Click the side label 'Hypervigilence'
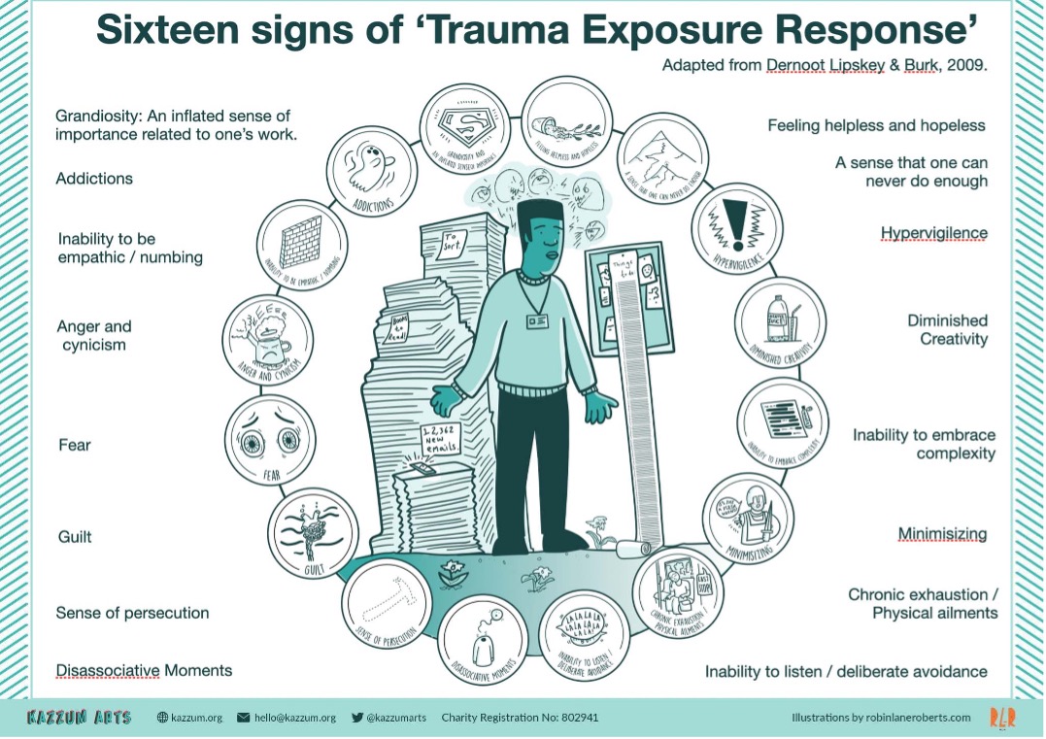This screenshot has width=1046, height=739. (x=934, y=233)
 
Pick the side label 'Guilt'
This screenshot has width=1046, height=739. (x=74, y=537)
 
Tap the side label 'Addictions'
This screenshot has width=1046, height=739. (x=94, y=179)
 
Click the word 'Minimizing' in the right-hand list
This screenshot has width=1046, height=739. (x=942, y=534)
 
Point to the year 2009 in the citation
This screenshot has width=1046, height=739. (x=972, y=65)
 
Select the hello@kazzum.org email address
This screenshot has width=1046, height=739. (x=294, y=718)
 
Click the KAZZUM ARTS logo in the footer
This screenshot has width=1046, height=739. (x=79, y=718)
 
